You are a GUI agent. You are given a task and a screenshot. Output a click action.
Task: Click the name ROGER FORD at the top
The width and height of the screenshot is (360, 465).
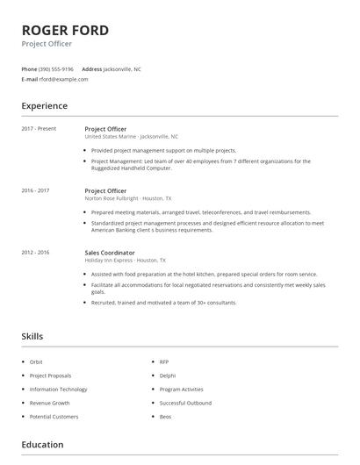click(66, 30)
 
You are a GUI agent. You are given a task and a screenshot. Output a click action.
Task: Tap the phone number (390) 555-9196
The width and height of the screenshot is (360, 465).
click(57, 68)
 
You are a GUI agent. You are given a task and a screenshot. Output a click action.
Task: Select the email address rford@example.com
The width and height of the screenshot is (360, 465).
click(63, 79)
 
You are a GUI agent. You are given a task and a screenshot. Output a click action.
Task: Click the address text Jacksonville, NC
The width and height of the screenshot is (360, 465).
click(122, 68)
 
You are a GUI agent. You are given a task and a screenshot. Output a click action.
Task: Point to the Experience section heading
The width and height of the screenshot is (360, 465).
click(44, 106)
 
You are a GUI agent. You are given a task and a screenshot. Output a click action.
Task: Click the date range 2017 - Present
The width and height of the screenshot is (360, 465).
click(38, 129)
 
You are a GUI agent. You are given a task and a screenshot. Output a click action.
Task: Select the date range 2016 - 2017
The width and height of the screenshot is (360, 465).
click(35, 190)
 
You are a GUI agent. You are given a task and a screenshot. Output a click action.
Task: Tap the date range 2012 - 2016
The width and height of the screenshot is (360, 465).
click(35, 253)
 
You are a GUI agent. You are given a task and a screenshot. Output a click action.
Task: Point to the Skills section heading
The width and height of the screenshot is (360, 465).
click(32, 336)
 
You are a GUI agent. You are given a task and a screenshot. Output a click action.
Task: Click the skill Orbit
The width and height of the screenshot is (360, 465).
click(36, 361)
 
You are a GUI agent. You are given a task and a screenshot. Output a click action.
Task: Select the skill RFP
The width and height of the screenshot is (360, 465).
click(164, 361)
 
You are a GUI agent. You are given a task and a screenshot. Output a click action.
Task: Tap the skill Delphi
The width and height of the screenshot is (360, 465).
click(167, 376)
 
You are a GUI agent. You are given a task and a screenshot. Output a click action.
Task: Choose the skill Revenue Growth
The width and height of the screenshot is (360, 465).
click(49, 403)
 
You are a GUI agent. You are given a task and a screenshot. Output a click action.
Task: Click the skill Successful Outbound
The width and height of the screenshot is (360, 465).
click(185, 403)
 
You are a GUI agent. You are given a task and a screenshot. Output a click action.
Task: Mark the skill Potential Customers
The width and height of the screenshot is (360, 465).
click(54, 417)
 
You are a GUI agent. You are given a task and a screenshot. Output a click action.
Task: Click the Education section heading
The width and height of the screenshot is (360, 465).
click(42, 445)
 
